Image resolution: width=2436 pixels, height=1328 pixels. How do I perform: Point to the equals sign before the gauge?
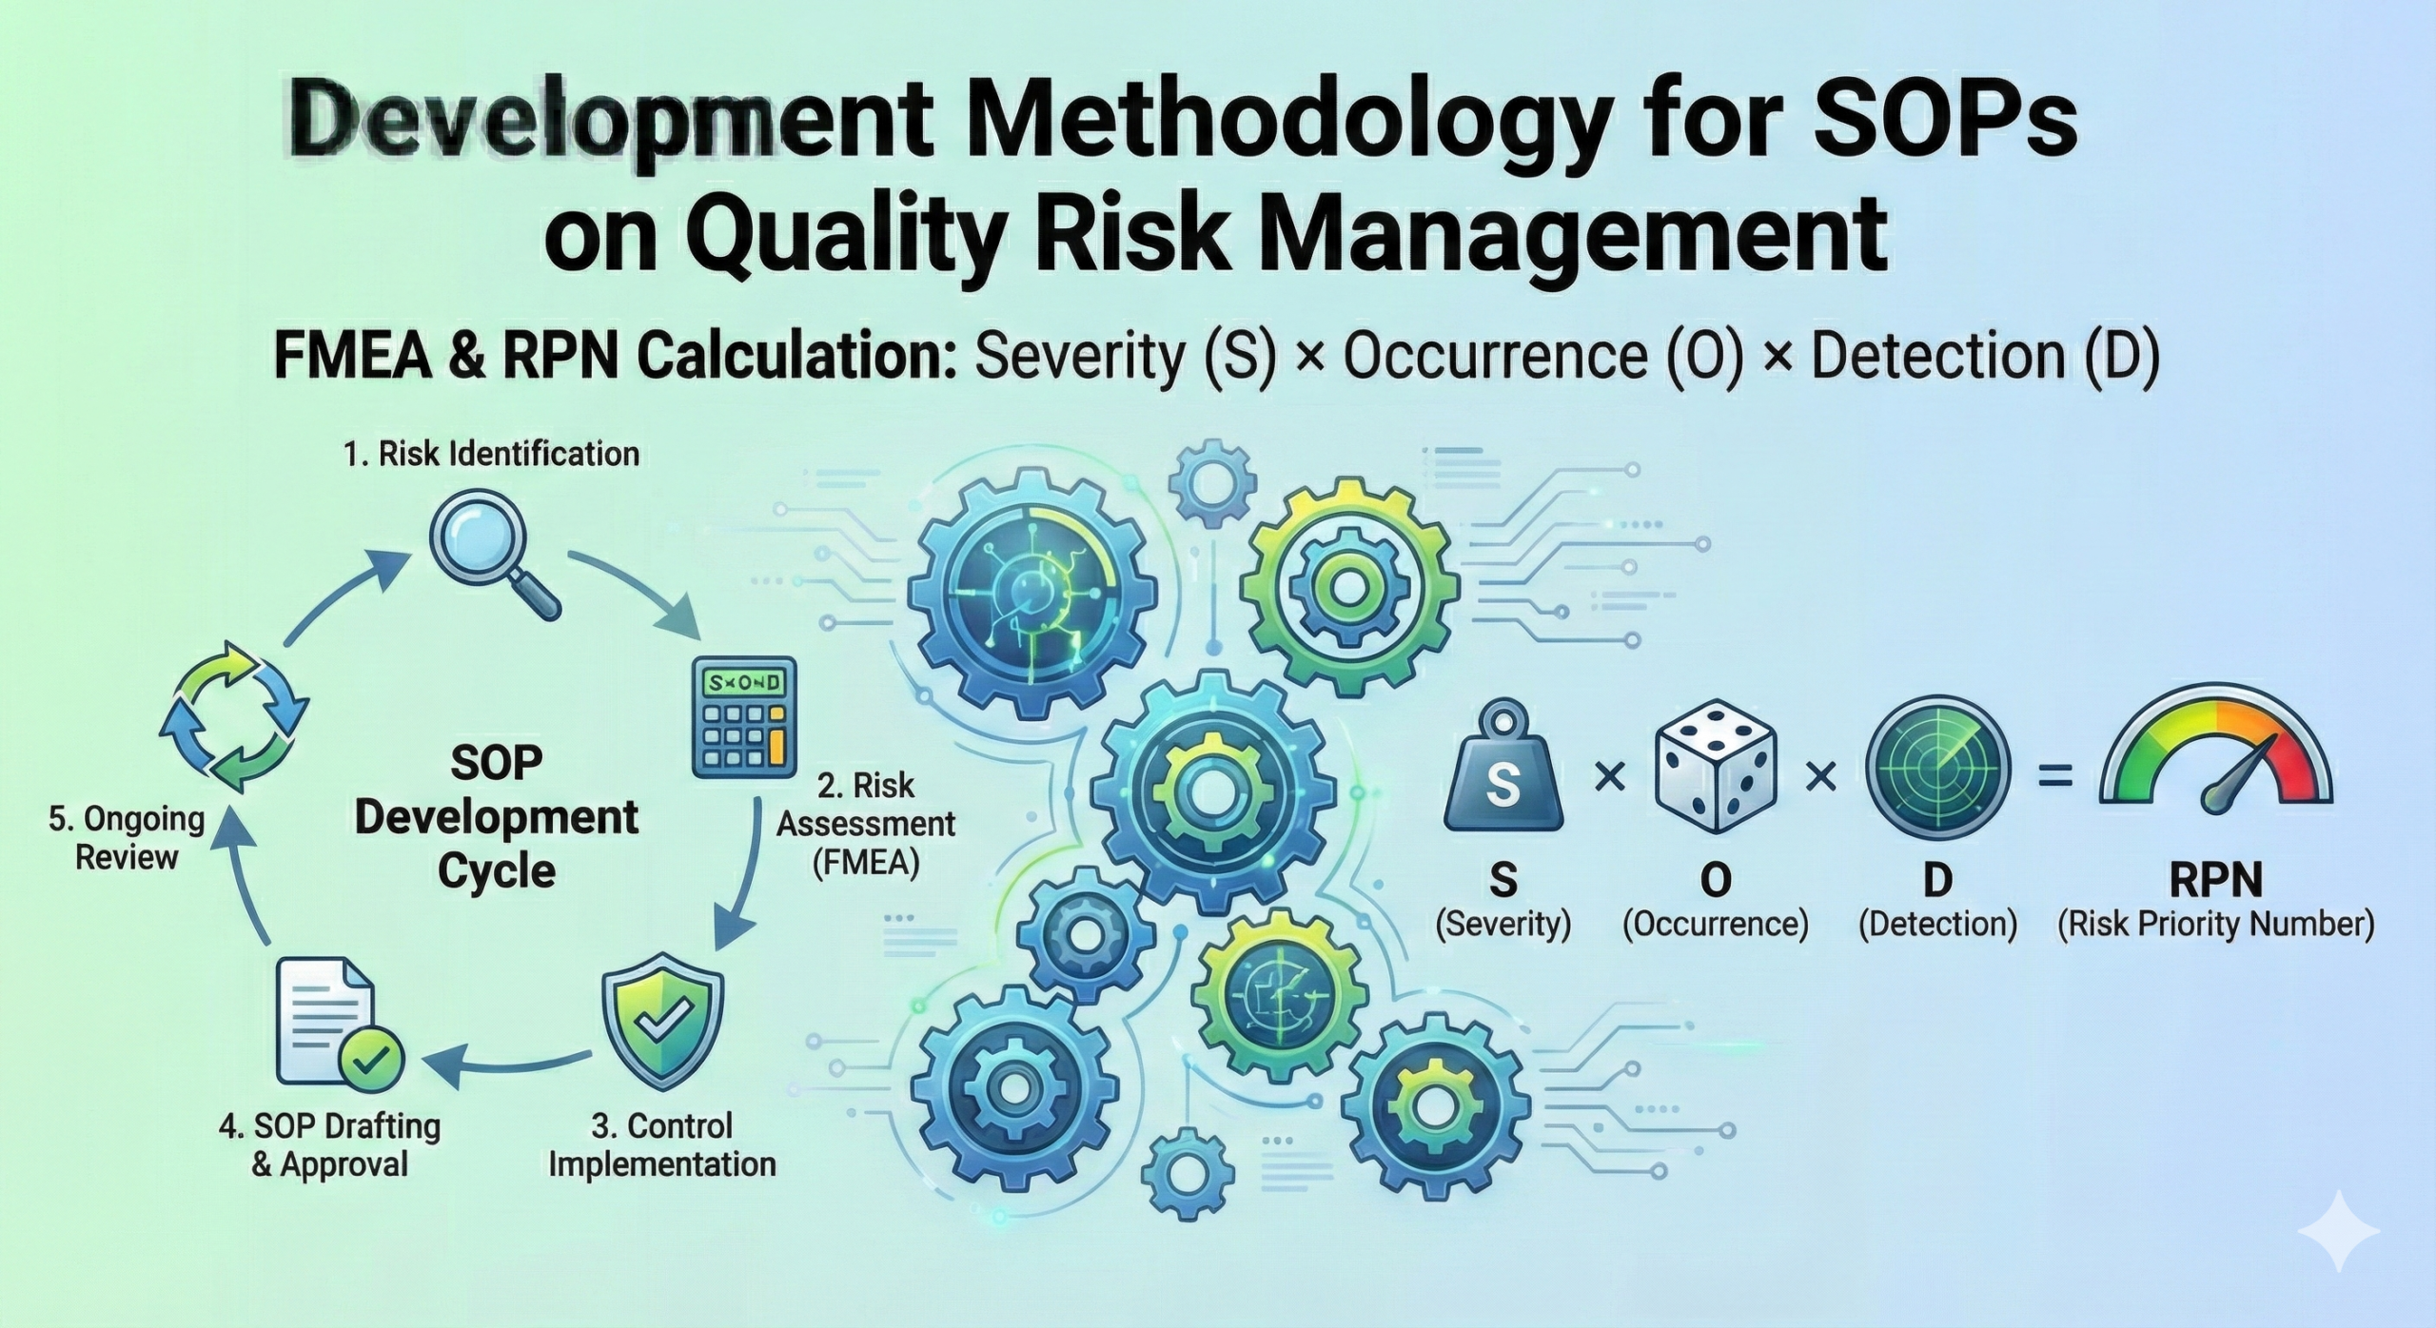point(2054,779)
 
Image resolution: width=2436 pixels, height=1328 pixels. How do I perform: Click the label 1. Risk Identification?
point(491,454)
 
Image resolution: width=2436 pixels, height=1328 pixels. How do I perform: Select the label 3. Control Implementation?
point(662,1144)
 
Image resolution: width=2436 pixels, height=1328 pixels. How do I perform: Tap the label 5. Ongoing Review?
point(127,837)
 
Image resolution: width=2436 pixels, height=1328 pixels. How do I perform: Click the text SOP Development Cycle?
point(497,816)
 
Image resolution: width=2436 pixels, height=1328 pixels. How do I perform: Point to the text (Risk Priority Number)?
point(2215,924)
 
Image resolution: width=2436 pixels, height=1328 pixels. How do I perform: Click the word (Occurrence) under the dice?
point(1716,924)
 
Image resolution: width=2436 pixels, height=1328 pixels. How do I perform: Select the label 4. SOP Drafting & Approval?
point(330,1144)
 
